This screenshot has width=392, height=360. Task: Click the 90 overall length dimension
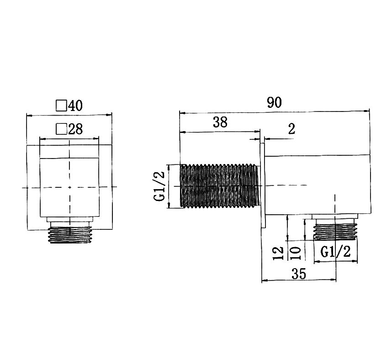[274, 102]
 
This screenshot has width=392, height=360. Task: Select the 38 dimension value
[220, 122]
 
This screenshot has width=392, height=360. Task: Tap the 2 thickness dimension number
[292, 129]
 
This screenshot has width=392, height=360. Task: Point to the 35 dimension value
[299, 274]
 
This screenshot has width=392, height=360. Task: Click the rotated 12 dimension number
[278, 253]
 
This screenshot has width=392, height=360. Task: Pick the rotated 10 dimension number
[295, 253]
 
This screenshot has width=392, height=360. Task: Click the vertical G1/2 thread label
[159, 186]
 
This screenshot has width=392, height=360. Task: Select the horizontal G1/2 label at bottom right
[335, 252]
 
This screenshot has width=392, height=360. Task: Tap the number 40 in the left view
[75, 106]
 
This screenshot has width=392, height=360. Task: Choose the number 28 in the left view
[75, 129]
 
